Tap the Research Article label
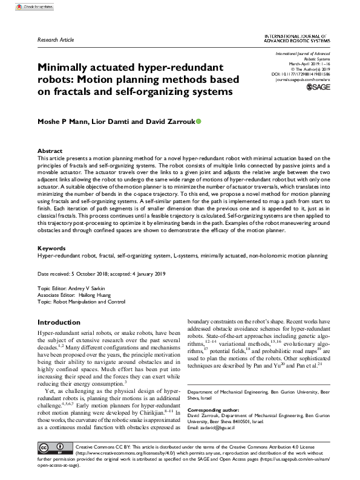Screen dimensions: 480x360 click(56, 39)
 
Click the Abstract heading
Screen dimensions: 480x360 click(50, 151)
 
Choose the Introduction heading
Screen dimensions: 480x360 click(59, 322)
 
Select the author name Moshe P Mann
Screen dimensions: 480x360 click(64, 122)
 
